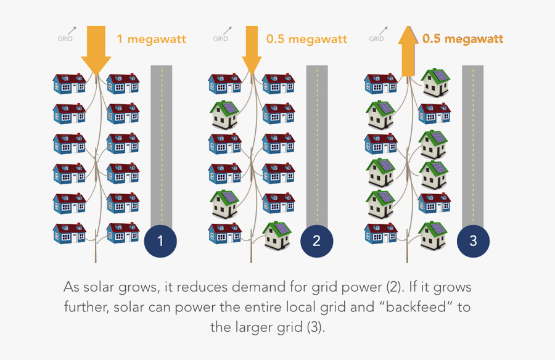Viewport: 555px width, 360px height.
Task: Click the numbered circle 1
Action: (160, 241)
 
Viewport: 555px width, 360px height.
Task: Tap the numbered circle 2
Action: (316, 241)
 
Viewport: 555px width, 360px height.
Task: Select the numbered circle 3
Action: (473, 241)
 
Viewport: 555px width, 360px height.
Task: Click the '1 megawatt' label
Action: (151, 39)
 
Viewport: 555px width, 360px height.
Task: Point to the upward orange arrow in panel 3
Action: (408, 49)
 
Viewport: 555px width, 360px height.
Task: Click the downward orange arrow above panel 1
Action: (96, 49)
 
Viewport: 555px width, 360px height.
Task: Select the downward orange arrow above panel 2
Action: (252, 49)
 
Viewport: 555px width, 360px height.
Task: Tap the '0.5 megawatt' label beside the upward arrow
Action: (462, 39)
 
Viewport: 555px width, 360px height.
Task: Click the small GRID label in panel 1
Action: (65, 38)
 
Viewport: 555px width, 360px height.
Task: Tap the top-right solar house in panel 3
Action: (435, 83)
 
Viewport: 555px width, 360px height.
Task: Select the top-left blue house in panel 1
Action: (68, 83)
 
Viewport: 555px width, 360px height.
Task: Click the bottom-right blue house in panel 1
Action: (123, 232)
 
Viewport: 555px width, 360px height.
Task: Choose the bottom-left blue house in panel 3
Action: (380, 232)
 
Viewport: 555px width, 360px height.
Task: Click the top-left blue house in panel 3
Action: (380, 83)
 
